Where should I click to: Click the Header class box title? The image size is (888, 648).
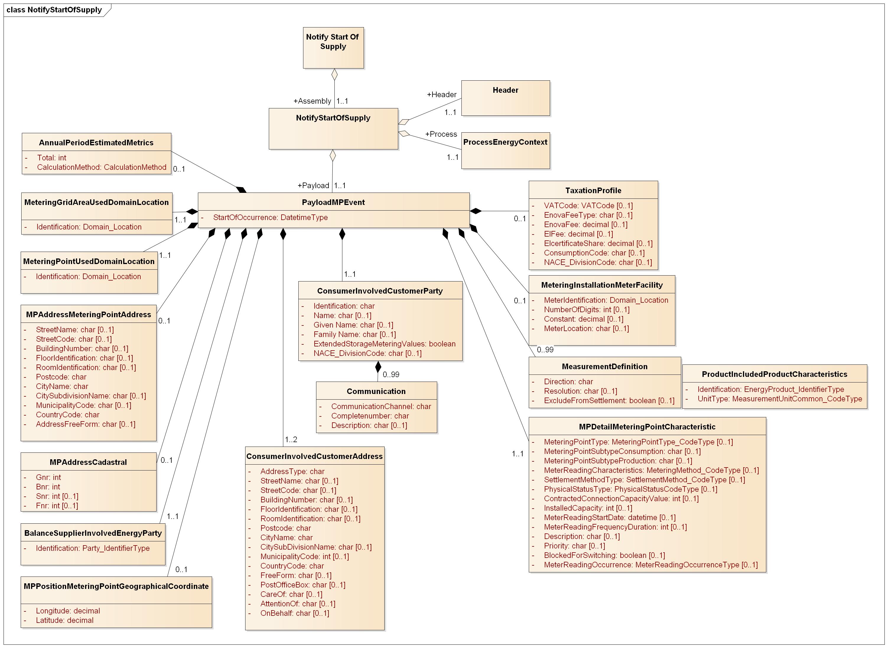coord(505,90)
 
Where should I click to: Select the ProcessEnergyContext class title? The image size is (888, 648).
coord(505,142)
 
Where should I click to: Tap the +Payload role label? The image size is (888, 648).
coord(313,185)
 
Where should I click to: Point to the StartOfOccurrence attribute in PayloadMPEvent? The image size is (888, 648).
coord(270,217)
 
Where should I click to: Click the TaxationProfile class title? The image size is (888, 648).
coord(593,191)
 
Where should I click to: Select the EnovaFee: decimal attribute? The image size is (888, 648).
coord(585,224)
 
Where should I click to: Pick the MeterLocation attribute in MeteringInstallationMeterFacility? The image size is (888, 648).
coord(586,328)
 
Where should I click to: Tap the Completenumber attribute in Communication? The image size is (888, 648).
coord(370,416)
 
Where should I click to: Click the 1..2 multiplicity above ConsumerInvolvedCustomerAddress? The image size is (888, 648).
coord(291,439)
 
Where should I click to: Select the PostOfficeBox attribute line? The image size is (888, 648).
coord(302,585)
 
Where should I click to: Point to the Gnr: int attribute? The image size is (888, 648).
coord(48,477)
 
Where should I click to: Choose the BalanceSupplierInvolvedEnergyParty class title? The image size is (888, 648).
coord(93,533)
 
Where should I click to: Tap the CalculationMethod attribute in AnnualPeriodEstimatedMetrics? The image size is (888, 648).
coord(102,167)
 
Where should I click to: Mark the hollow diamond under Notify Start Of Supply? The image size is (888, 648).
coord(334,74)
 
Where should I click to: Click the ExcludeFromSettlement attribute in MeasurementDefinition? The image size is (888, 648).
coord(609,400)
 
